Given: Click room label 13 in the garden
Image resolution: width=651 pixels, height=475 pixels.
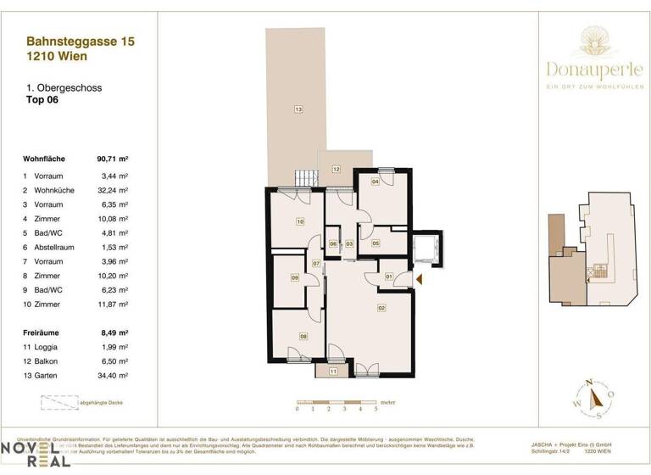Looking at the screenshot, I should click(x=298, y=109).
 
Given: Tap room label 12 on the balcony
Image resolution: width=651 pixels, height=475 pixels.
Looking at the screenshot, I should click(x=336, y=170).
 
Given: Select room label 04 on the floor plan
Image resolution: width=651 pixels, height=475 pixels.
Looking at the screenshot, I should click(x=376, y=181).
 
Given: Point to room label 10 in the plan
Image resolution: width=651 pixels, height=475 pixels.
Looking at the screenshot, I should click(x=299, y=222).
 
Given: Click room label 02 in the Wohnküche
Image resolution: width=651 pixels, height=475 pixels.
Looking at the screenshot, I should click(x=381, y=308).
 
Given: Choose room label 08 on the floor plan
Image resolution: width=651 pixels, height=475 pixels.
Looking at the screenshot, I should click(x=303, y=337).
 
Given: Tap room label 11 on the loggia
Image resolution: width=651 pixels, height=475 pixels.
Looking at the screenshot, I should click(x=333, y=372).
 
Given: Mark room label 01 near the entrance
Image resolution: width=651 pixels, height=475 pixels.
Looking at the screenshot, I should click(x=388, y=277).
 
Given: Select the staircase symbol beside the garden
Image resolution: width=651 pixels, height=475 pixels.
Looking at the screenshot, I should click(x=305, y=179).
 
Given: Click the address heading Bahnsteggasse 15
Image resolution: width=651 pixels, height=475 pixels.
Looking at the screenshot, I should click(x=81, y=40).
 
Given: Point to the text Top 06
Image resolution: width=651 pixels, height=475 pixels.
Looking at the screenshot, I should click(x=42, y=99).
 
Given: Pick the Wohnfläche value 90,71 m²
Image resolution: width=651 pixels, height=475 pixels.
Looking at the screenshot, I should click(x=113, y=159).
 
